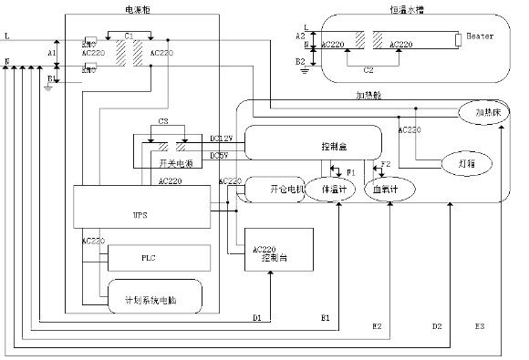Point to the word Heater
(x=479, y=35)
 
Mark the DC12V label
(x=222, y=138)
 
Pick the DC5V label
(x=220, y=155)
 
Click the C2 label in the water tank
(x=368, y=67)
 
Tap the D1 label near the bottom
(x=257, y=317)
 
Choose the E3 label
(x=480, y=325)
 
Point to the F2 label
(x=385, y=164)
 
